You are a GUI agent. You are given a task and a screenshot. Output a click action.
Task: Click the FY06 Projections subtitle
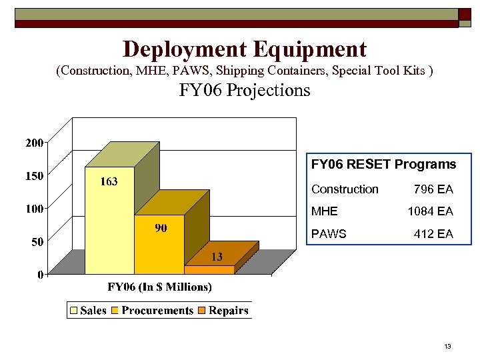[x=244, y=90]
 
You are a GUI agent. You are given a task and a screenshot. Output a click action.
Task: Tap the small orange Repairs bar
[x=209, y=269]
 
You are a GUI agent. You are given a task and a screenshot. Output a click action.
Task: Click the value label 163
[x=109, y=182]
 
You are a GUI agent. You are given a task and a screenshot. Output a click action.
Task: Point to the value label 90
[x=161, y=229]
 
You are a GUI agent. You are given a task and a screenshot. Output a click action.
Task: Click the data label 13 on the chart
[x=217, y=257]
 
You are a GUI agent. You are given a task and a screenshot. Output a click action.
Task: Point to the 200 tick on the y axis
[x=35, y=143]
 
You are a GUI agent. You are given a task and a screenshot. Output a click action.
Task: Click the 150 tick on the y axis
[x=35, y=176]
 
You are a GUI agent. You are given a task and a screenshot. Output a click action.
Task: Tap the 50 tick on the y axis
[x=38, y=242]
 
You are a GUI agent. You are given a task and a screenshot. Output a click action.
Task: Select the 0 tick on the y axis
[x=41, y=274]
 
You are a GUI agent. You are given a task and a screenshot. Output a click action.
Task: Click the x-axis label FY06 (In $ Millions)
[x=160, y=287]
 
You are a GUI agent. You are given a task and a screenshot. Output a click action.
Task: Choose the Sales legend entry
[x=88, y=311]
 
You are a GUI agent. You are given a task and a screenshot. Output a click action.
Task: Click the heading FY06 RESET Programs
[x=383, y=164]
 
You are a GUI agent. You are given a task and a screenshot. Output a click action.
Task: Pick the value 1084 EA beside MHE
[x=430, y=211]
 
